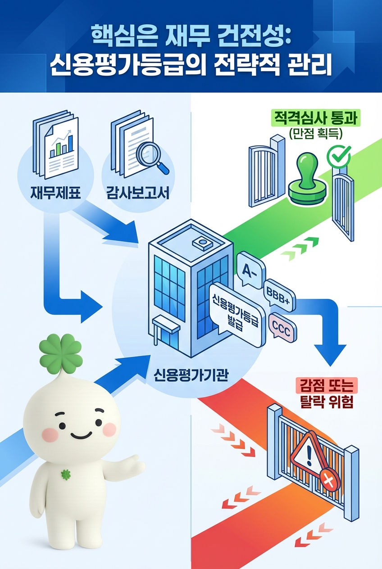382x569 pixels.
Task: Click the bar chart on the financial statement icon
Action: [x=61, y=143]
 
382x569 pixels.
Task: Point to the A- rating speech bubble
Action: [x=249, y=271]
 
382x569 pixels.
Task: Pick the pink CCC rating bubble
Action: [x=282, y=327]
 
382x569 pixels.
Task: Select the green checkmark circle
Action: [x=338, y=155]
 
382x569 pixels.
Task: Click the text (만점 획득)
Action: [x=317, y=133]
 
